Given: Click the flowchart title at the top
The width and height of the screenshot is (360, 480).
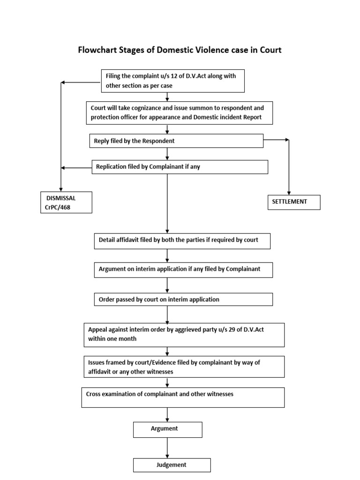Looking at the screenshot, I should point(180,50).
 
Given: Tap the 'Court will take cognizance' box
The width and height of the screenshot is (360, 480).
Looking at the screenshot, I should point(180,112).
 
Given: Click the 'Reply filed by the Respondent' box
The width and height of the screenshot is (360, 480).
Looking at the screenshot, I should point(176,141).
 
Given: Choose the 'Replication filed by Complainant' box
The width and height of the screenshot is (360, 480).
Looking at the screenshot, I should point(180,167).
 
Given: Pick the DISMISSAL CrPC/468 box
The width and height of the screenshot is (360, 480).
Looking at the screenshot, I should point(65,202).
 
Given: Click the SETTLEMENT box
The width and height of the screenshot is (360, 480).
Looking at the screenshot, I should point(294,202).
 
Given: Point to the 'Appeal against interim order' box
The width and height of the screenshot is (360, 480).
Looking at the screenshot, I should point(184,334).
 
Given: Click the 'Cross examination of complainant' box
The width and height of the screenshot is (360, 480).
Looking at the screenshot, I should point(183,397).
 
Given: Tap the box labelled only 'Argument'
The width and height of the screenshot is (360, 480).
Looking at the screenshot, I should point(167,429).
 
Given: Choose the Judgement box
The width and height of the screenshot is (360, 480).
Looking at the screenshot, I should point(172,465).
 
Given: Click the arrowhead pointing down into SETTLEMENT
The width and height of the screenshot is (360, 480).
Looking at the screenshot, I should point(288,192).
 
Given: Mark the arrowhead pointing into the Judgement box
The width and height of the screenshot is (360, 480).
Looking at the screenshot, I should point(167,456).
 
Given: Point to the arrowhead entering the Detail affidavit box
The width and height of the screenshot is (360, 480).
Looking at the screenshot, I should point(167,231).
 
